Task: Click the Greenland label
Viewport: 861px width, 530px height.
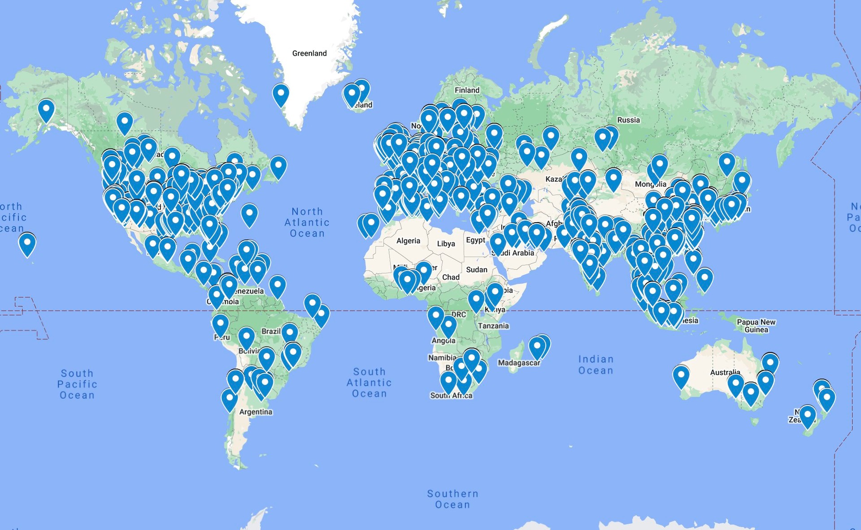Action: click(x=309, y=53)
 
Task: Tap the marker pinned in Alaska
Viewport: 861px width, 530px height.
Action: click(x=46, y=110)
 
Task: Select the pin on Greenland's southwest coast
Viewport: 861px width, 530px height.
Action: click(x=281, y=95)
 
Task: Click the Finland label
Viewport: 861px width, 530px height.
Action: click(x=467, y=90)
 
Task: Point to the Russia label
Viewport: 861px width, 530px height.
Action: click(x=628, y=120)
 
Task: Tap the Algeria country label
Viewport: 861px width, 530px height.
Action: click(x=408, y=241)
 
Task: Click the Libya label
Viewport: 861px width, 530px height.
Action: click(x=446, y=244)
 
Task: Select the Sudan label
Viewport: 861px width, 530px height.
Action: click(x=476, y=270)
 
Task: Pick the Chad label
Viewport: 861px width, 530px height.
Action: click(x=451, y=277)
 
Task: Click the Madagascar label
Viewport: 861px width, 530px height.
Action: click(x=519, y=363)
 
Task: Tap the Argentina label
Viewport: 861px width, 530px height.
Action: click(x=256, y=412)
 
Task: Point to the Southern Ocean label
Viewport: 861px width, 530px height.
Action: click(x=452, y=499)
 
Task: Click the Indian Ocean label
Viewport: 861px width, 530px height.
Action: click(x=596, y=365)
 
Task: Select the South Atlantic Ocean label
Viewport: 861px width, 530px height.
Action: click(x=369, y=383)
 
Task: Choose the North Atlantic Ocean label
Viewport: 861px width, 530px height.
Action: click(x=307, y=222)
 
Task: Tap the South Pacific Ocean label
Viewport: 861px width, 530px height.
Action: click(x=77, y=384)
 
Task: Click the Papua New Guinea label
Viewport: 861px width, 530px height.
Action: click(x=756, y=326)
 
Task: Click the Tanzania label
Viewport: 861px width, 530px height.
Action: click(x=493, y=326)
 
